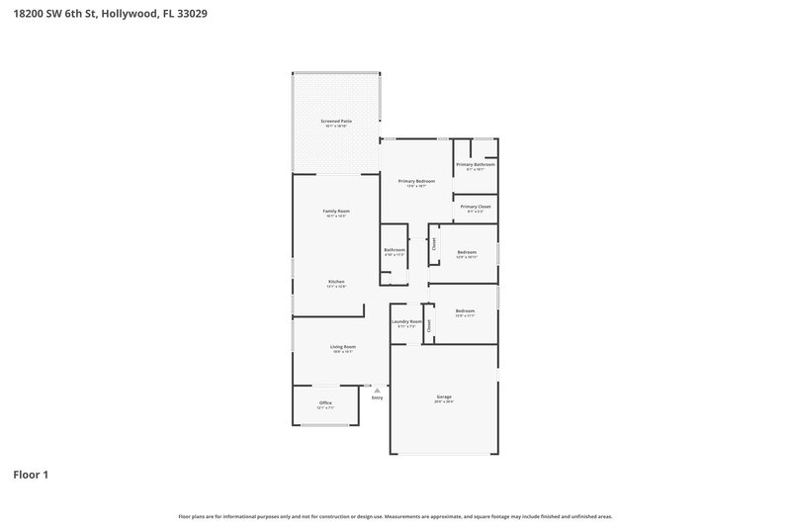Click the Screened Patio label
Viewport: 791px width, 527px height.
click(x=336, y=122)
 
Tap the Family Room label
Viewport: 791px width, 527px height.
click(x=336, y=211)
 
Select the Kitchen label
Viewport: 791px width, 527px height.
click(x=336, y=282)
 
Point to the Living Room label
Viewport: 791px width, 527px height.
click(x=342, y=347)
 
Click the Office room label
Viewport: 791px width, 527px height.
click(x=325, y=402)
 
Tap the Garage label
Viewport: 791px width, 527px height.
click(x=444, y=396)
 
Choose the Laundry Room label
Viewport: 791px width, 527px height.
click(x=406, y=321)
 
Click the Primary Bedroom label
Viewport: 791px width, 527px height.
click(x=416, y=181)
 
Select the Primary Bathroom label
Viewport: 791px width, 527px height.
click(x=475, y=165)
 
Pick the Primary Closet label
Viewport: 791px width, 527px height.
click(x=475, y=207)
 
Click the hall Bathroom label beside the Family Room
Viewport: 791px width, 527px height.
click(x=395, y=250)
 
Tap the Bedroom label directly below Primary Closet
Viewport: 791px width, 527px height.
click(x=467, y=252)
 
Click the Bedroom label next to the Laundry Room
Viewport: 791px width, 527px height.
click(x=465, y=311)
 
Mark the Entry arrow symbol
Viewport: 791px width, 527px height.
click(x=377, y=390)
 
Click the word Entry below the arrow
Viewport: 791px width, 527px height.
click(x=377, y=397)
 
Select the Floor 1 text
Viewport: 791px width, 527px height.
click(x=30, y=475)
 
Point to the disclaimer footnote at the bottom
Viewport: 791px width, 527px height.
click(x=395, y=516)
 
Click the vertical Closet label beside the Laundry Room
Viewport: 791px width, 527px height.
click(x=429, y=324)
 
